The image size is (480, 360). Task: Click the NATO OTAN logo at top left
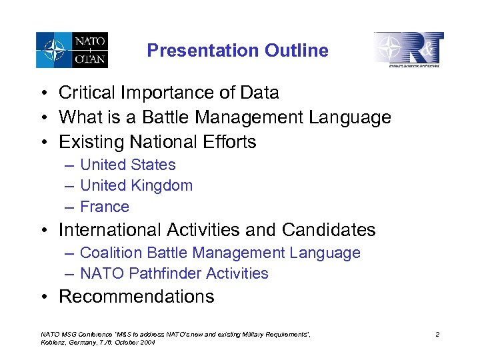[72, 50]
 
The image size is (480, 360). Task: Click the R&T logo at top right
[408, 49]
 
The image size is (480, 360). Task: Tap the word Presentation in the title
[204, 51]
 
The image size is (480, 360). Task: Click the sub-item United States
[127, 165]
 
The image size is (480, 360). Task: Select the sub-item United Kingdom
[136, 185]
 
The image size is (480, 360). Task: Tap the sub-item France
[104, 207]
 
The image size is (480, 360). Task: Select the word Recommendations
[137, 297]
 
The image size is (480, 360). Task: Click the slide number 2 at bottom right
[437, 335]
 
